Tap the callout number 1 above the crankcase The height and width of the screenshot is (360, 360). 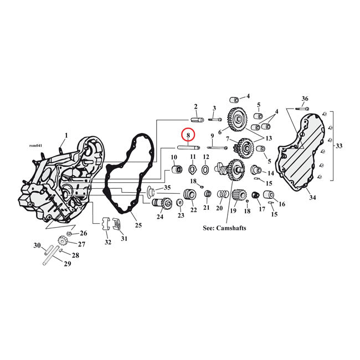[66, 135]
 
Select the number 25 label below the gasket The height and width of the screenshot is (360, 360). [138, 225]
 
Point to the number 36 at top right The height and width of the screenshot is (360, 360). [305, 99]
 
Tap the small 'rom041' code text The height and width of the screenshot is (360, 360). [34, 146]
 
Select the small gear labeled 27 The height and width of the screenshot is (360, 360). [62, 242]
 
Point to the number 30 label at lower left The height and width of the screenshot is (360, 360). [37, 245]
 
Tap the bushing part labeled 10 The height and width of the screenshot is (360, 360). [174, 168]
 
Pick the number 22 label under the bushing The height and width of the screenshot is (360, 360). [193, 210]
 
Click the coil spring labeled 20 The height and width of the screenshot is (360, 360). [222, 194]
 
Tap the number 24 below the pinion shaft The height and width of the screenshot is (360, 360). [160, 217]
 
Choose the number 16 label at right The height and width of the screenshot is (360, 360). [282, 204]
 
